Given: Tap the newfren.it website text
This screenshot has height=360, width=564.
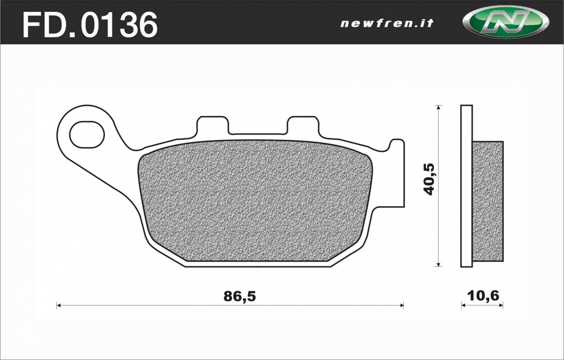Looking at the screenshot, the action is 387,23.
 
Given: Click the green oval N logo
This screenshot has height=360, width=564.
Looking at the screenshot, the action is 506,22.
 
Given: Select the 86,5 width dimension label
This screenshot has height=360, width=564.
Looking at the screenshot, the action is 239,296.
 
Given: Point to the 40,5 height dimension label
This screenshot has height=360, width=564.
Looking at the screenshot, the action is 429,179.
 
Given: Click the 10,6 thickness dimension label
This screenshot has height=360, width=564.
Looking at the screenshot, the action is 483,296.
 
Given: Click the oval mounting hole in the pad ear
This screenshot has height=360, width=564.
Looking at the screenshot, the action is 87,135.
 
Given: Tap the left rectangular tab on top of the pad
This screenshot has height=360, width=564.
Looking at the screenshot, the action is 213,125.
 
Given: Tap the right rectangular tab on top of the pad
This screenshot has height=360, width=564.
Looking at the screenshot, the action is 303,125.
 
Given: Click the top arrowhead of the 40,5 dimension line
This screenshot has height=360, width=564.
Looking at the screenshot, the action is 439,107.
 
